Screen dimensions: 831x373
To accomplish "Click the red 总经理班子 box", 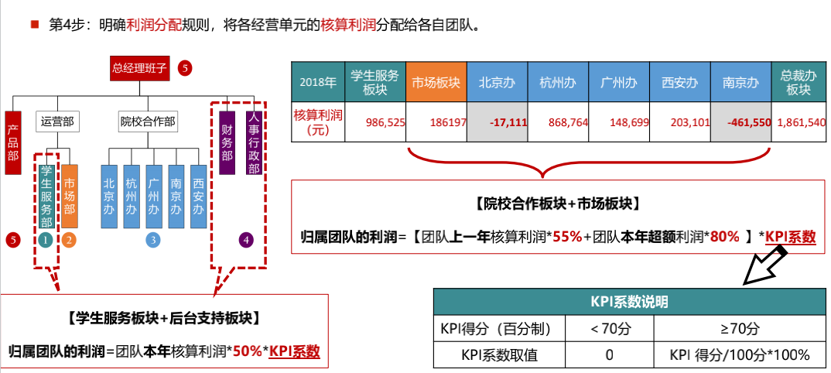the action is pos(139,68).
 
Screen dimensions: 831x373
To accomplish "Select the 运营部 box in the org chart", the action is pos(57,121).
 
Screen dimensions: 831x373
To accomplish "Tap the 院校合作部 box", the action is pos(147,121).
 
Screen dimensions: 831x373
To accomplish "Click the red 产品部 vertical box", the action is pos(12,145).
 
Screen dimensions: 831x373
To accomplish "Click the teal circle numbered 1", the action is pos(46,240).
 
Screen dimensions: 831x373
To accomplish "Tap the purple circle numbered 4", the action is pos(246,240).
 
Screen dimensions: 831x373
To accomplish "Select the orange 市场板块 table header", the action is pos(436,82).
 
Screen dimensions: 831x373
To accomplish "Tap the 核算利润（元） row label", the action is pos(316,121).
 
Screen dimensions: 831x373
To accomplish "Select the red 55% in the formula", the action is pos(566,237).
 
